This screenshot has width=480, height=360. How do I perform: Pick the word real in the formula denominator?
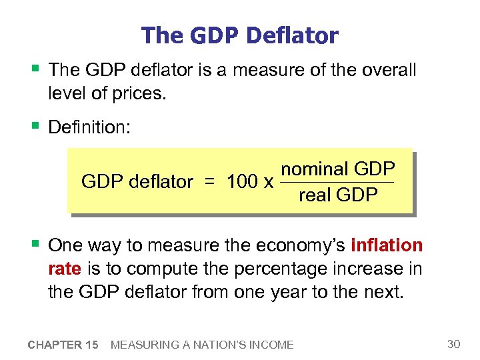(315, 195)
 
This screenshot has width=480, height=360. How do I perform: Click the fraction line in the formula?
(337, 182)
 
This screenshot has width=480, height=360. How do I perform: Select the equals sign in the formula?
(209, 181)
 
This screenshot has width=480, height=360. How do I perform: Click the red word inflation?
(387, 245)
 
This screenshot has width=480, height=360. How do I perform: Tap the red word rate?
(65, 268)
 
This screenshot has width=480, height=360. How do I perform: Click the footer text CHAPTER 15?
(63, 345)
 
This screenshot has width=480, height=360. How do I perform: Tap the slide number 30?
(454, 344)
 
